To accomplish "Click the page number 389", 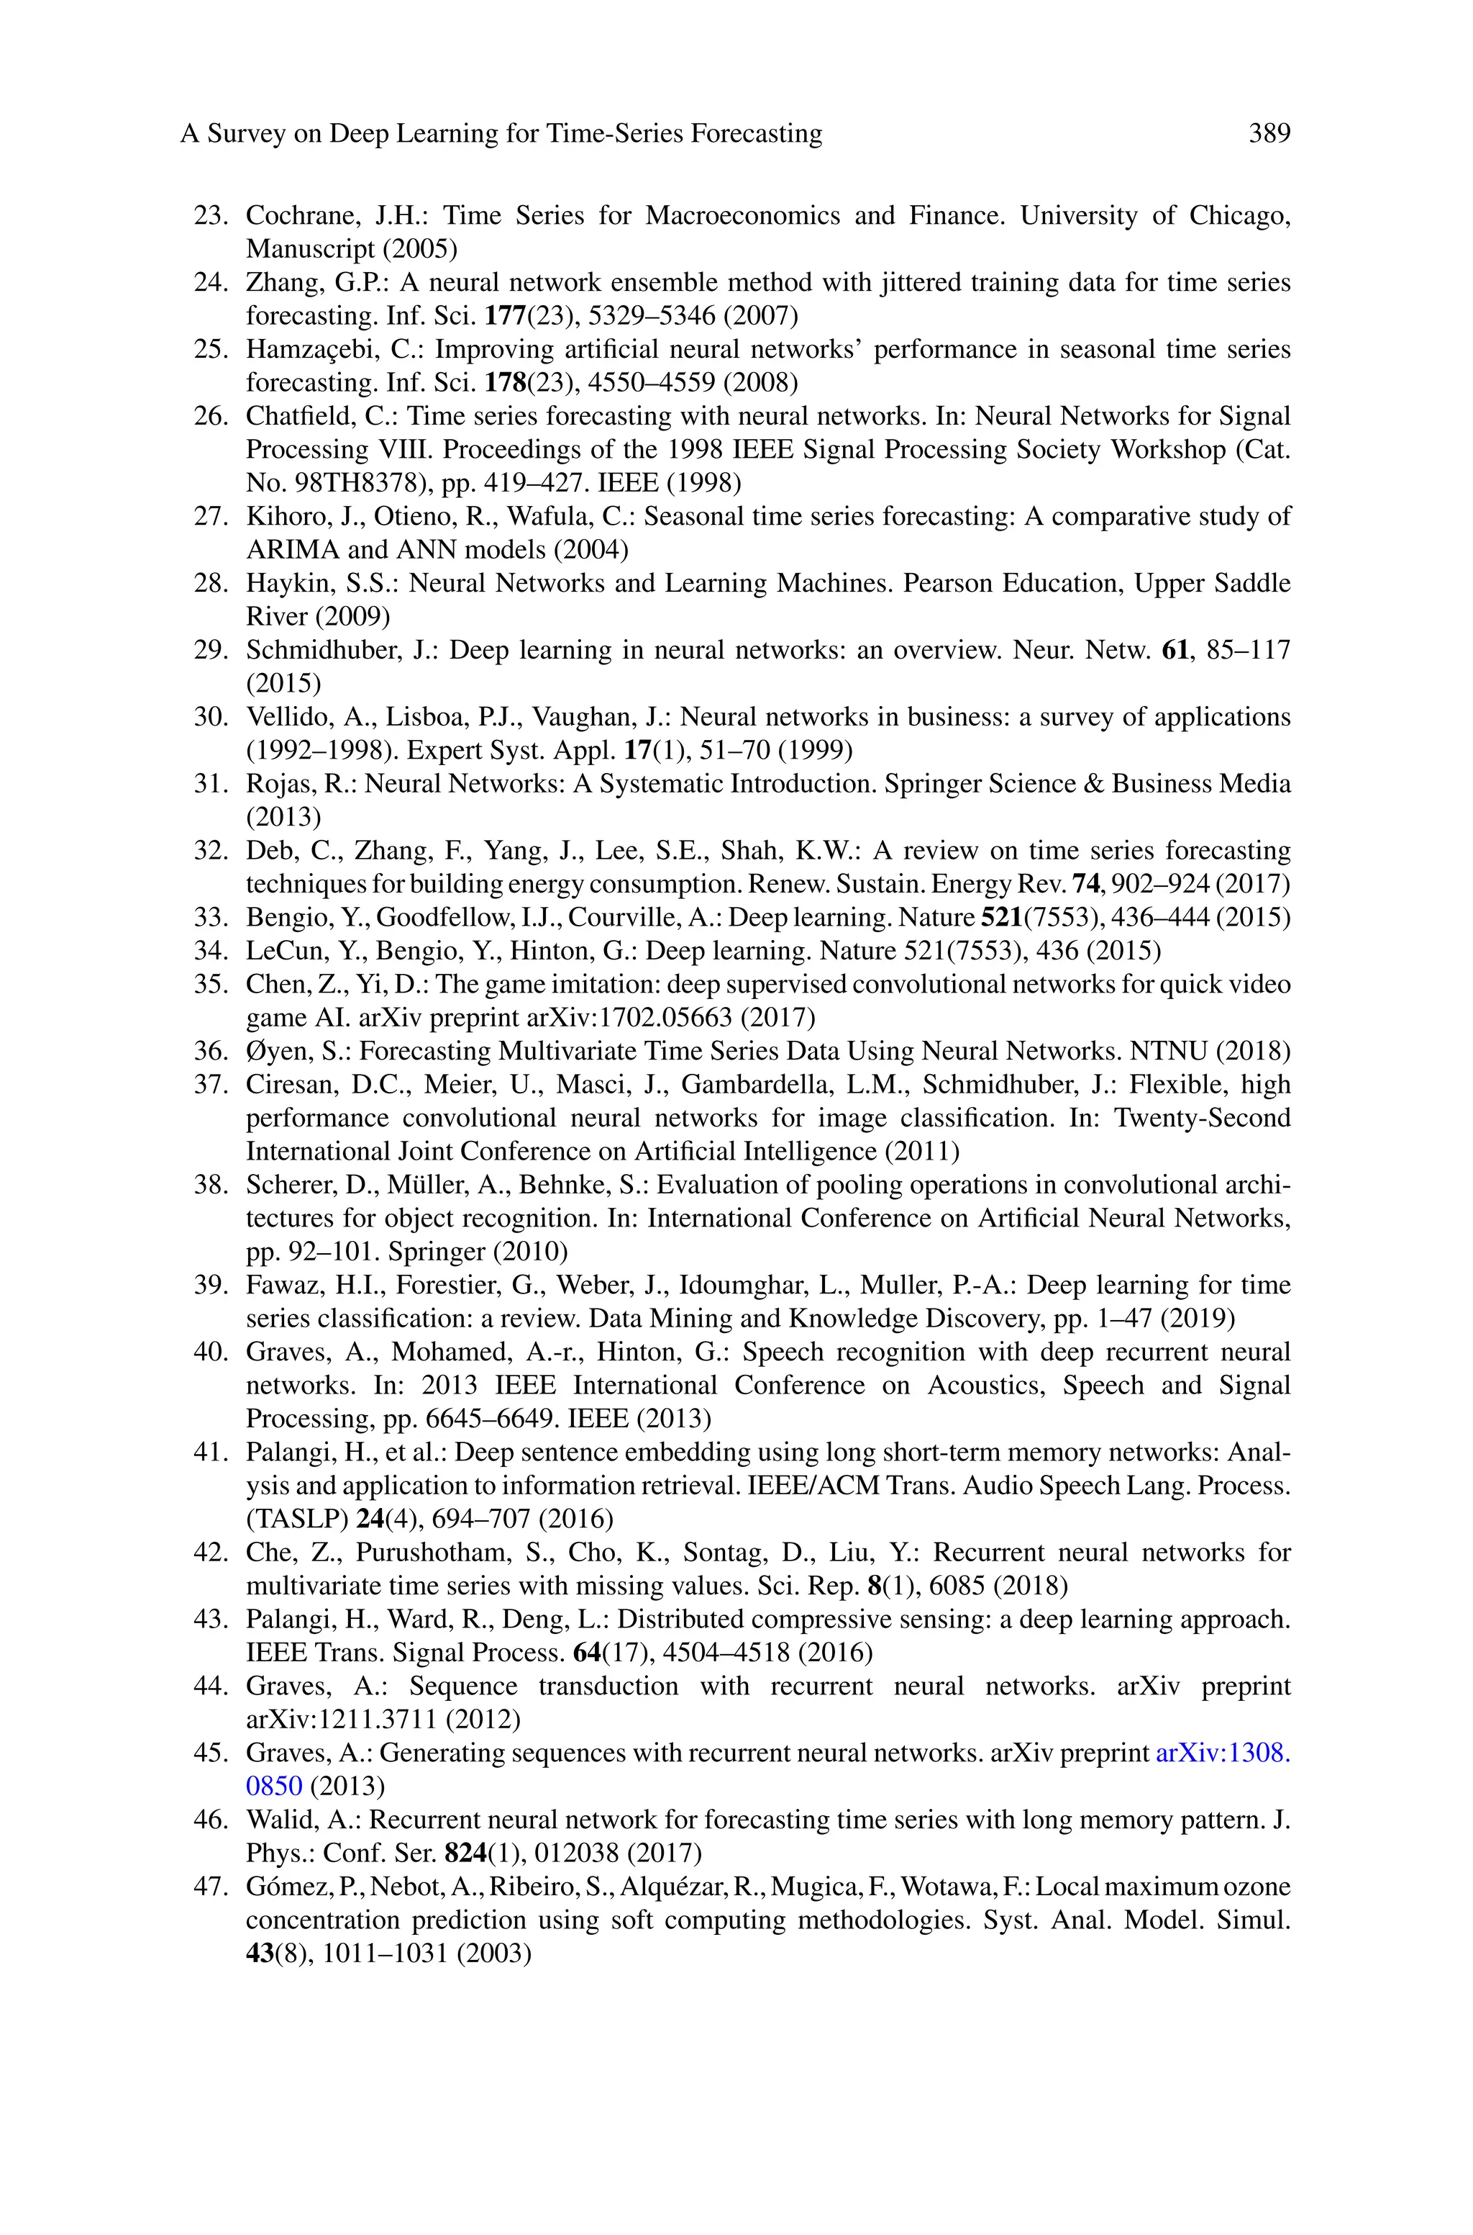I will (1269, 133).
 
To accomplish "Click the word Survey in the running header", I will (246, 133).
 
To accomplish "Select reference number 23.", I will (211, 215).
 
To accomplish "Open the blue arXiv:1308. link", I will (1222, 1753).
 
